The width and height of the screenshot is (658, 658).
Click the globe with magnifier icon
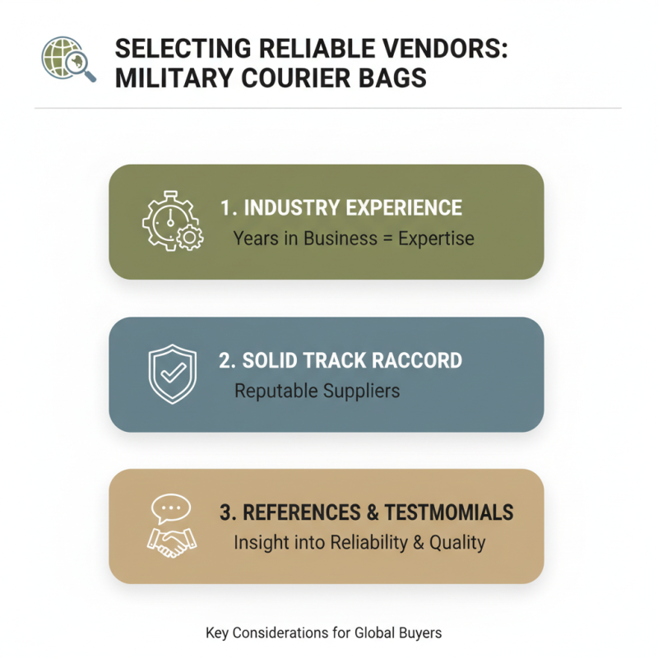(x=67, y=60)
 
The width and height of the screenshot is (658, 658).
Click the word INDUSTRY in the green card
(x=293, y=207)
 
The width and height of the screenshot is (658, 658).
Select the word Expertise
(x=436, y=239)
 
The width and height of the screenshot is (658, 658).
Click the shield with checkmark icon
(x=172, y=373)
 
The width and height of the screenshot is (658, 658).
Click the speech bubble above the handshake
(x=171, y=508)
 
